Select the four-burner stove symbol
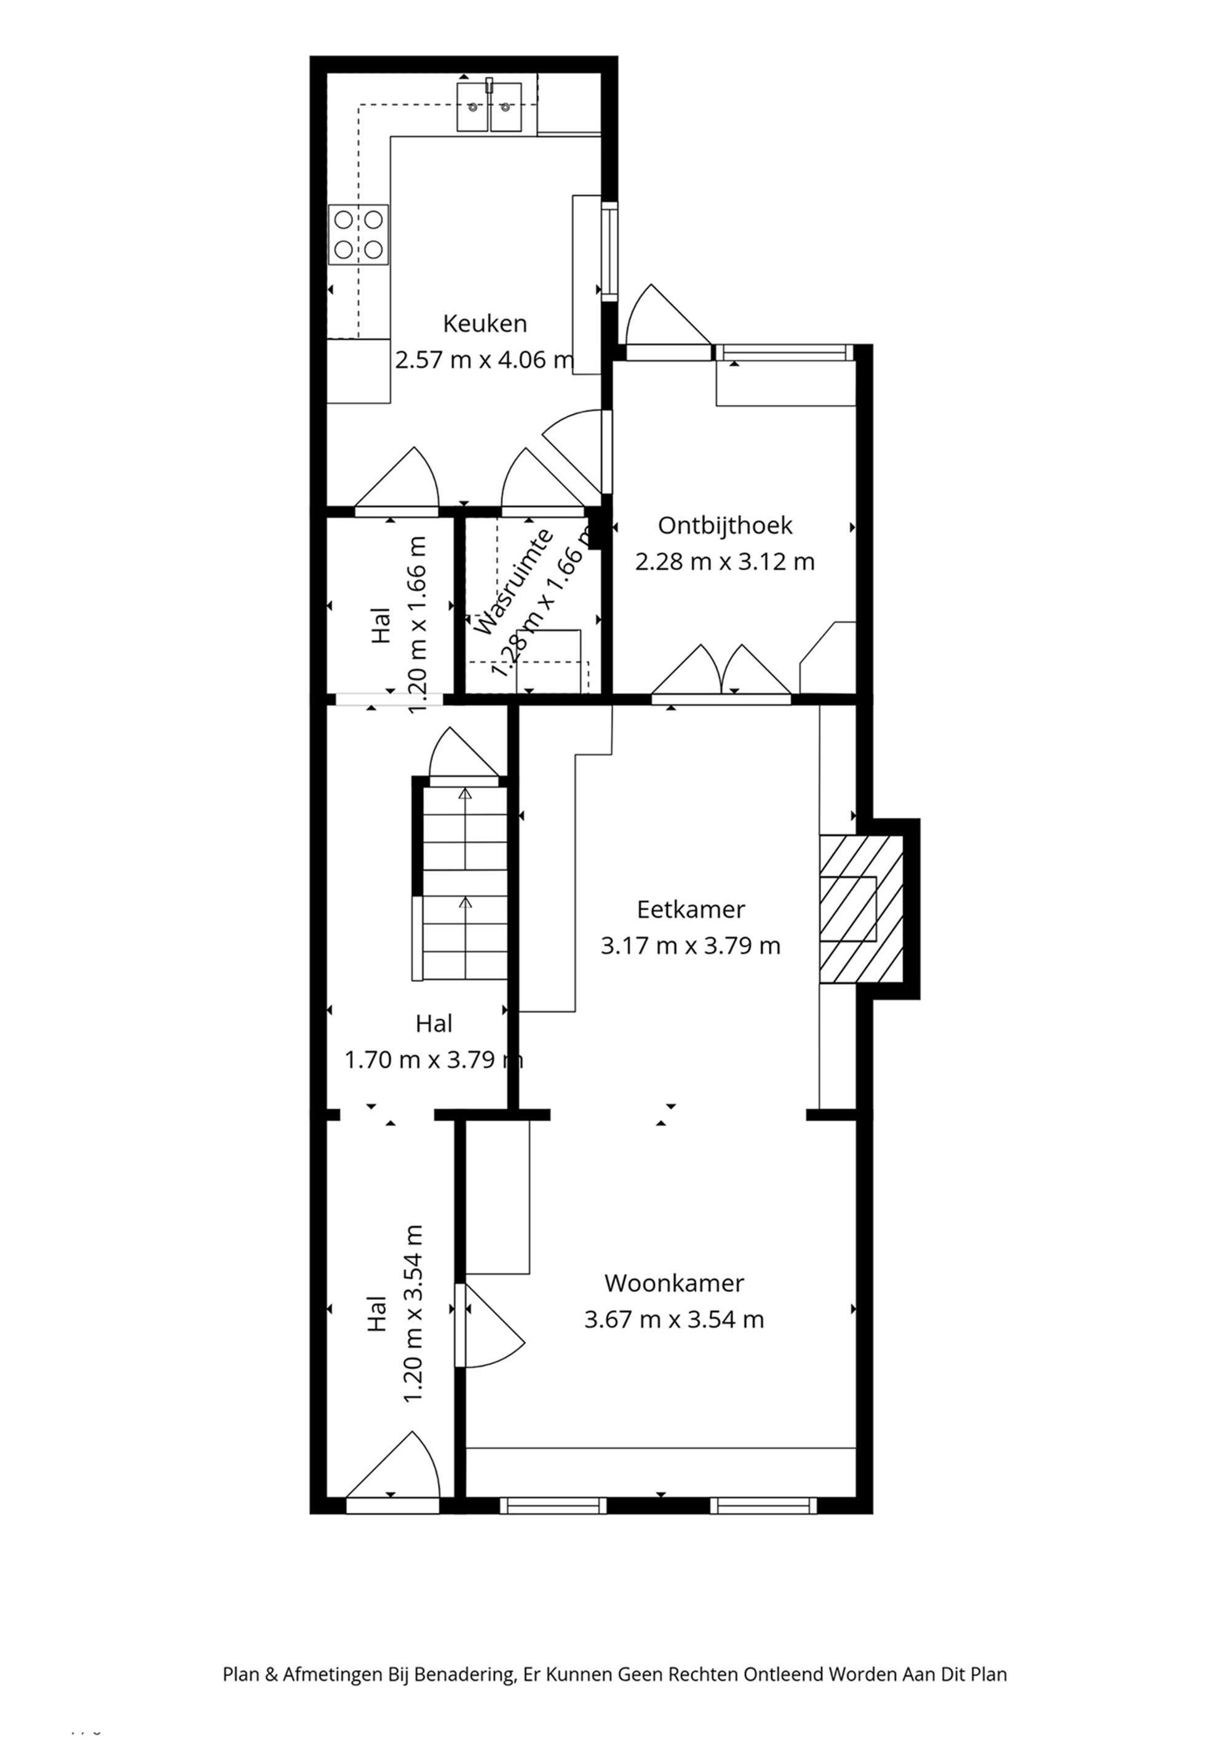tap(358, 235)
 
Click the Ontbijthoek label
tap(724, 526)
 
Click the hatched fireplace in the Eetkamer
tap(860, 909)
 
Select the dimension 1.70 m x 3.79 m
tap(434, 1059)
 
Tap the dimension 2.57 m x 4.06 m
tap(484, 360)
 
